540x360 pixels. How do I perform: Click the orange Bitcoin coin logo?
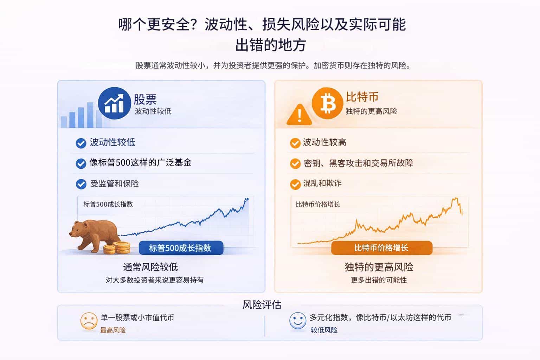pos(327,103)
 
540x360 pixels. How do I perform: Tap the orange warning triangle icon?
pos(300,115)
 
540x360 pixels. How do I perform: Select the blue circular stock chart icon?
pos(115,103)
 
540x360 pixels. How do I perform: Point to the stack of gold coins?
pos(117,248)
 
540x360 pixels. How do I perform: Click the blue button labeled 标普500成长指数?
pos(181,247)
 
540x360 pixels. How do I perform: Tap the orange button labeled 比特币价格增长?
pos(382,247)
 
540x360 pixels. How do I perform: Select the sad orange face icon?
pos(89,321)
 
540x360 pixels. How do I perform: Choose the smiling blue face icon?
pos(298,321)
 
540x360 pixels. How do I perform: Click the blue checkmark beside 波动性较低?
pos(81,143)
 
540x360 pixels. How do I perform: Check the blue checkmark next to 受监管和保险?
pos(81,184)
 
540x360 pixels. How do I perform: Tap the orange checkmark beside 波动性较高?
pos(295,143)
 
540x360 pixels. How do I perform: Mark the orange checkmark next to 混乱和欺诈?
pos(295,185)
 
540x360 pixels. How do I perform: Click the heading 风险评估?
pos(262,305)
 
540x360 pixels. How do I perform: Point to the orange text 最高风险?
pos(113,330)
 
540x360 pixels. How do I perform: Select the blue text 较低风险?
pos(324,330)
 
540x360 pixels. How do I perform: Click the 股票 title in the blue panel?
pos(145,99)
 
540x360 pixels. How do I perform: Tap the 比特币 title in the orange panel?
pos(362,97)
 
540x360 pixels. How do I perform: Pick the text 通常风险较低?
pos(150,267)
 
